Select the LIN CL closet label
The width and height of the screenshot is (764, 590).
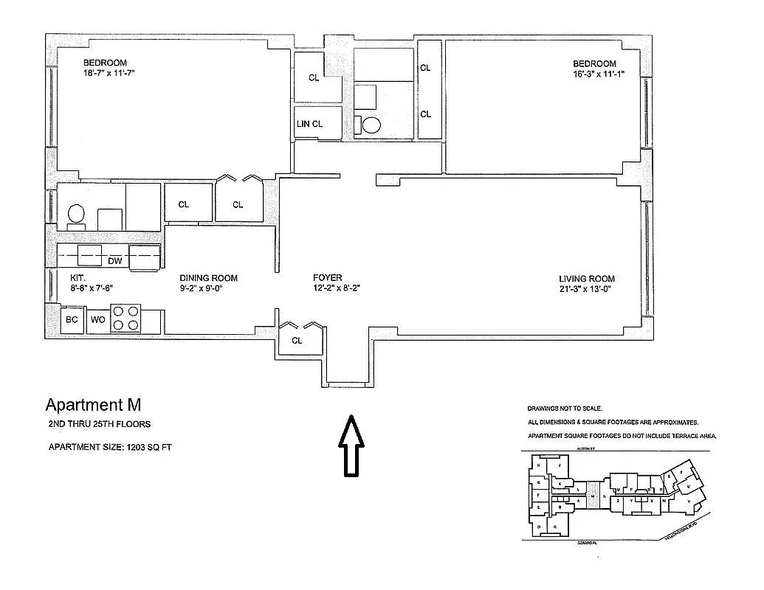tap(309, 124)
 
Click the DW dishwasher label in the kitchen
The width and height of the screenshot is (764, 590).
tap(114, 260)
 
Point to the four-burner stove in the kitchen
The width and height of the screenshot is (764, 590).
tap(125, 319)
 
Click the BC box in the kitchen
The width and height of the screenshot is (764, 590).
tap(72, 320)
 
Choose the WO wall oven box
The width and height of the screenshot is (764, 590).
tap(97, 320)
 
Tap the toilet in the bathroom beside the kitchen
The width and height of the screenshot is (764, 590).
tap(76, 214)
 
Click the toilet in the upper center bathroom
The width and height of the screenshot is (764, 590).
tap(370, 125)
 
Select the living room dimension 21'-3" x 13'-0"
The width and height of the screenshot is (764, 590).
tap(586, 289)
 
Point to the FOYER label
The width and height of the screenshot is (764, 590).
tap(327, 278)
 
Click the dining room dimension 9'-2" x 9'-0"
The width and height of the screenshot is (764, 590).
tap(201, 289)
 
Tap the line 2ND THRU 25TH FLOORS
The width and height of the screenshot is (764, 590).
tap(100, 424)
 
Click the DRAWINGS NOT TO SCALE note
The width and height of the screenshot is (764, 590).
tap(565, 409)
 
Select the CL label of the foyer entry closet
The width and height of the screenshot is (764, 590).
tap(297, 341)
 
